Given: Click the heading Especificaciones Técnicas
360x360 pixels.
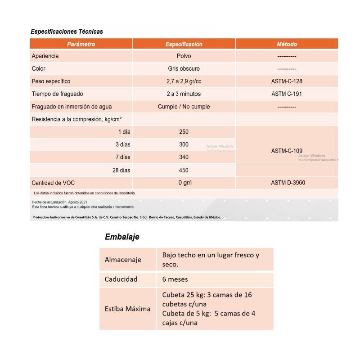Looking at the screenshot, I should click(x=67, y=31).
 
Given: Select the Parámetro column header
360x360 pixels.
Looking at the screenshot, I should click(x=81, y=44).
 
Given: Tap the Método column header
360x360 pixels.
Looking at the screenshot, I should click(x=287, y=44).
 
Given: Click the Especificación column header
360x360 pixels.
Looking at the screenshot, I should click(x=184, y=44).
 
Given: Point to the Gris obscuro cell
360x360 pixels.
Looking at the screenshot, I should click(x=184, y=69).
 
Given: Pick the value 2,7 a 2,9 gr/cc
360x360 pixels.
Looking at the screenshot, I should click(x=184, y=81).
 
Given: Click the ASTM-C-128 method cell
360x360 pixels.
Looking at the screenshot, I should click(x=287, y=81).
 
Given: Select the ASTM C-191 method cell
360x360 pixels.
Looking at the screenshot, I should click(x=287, y=94).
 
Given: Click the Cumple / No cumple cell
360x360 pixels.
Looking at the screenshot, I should click(x=184, y=107).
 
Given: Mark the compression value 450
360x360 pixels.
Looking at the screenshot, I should click(x=184, y=170).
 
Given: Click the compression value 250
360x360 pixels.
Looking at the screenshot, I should click(x=184, y=132).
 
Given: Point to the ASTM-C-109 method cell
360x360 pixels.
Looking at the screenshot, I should click(x=287, y=151).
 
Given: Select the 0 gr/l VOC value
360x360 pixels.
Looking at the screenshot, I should click(x=184, y=183).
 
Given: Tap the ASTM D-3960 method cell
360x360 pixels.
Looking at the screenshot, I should click(x=287, y=183).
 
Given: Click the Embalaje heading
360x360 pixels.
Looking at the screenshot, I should click(x=121, y=237).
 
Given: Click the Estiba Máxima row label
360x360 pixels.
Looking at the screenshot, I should click(x=127, y=309).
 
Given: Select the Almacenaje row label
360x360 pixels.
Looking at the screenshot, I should click(x=123, y=260).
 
